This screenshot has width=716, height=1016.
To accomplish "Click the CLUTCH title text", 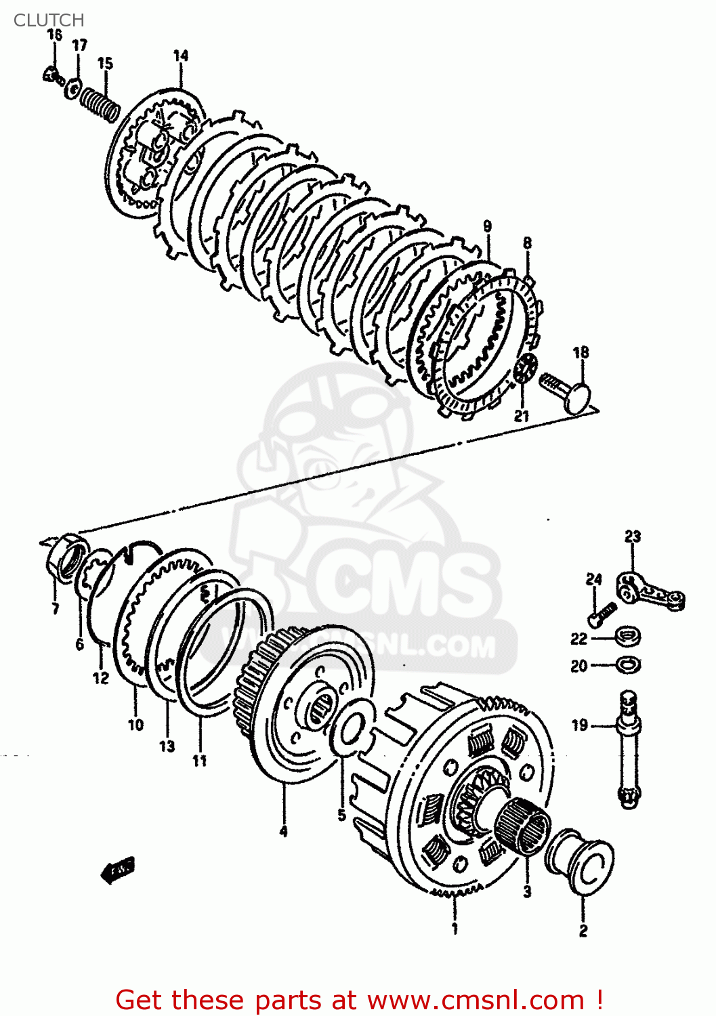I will [49, 20].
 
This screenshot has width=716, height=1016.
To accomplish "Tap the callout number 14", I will [180, 56].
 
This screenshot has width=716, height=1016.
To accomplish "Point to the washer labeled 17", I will [73, 88].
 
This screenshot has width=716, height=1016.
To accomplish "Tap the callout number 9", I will [487, 226].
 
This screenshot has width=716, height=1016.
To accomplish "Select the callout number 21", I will [521, 415].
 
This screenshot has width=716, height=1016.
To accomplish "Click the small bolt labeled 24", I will [599, 614].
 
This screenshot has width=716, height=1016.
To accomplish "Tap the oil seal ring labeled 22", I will [628, 637].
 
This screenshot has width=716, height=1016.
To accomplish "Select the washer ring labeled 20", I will [629, 664].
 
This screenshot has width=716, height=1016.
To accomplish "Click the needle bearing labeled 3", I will [523, 826].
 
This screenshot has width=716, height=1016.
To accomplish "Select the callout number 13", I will [167, 746].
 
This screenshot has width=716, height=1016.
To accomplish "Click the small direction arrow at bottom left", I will [119, 870].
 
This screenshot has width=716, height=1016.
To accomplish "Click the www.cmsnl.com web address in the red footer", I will [475, 1000].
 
